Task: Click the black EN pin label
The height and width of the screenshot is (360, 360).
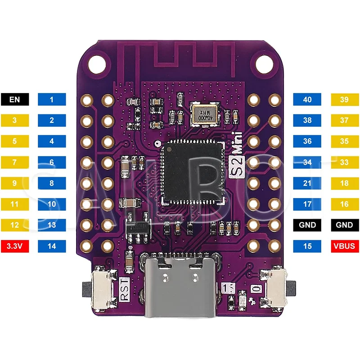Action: point(15,99)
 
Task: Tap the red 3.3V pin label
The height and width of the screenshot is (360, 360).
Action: point(15,246)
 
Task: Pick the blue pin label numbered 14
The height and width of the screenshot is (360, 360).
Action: point(52,246)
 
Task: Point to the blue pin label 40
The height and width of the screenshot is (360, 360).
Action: point(307,99)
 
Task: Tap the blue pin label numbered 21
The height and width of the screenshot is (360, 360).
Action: point(307,183)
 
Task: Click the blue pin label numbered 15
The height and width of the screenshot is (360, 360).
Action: point(307,246)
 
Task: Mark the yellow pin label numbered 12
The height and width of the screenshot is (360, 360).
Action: point(15,225)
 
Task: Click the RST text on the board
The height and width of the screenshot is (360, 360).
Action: point(125,289)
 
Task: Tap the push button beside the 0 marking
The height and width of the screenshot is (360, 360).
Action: point(276,287)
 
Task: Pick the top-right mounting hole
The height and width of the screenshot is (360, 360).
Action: point(263,63)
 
